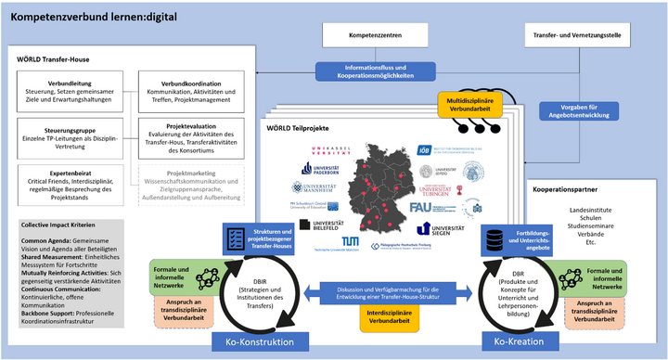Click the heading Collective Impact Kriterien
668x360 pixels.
click(62, 225)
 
